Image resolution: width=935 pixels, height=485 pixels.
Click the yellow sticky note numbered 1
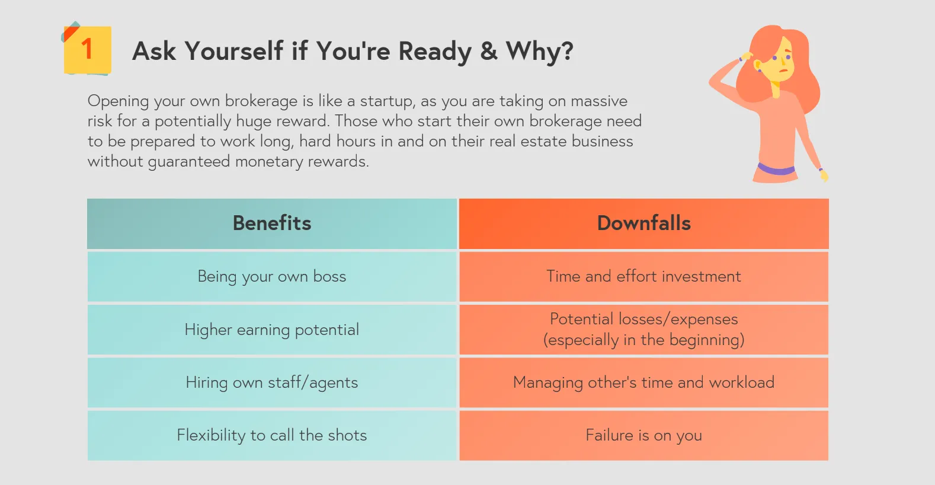coord(88,50)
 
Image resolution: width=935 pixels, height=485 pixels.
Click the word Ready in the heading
coord(436,51)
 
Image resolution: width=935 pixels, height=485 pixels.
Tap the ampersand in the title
coord(489,51)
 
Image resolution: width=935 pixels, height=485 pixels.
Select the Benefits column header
coord(272,224)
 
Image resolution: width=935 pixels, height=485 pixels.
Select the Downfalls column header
coord(643,224)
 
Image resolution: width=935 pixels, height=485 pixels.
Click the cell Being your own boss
coord(272,276)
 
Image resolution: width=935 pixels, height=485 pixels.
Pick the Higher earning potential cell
coord(272,330)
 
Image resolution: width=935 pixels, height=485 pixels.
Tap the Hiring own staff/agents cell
coord(272,382)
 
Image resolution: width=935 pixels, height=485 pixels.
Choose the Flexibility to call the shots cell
coord(272,435)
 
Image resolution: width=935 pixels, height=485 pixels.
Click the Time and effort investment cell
coord(643,276)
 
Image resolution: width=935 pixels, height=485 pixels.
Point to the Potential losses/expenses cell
coord(643,330)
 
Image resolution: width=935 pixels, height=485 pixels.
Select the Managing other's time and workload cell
coord(643,382)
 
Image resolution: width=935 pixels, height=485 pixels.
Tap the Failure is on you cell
coord(643,435)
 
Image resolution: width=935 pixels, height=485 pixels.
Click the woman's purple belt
coord(776,169)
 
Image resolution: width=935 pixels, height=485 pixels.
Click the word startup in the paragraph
coord(387,101)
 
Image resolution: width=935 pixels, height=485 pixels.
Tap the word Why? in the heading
coord(539,52)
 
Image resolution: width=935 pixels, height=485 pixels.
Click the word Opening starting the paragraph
coord(118,101)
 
